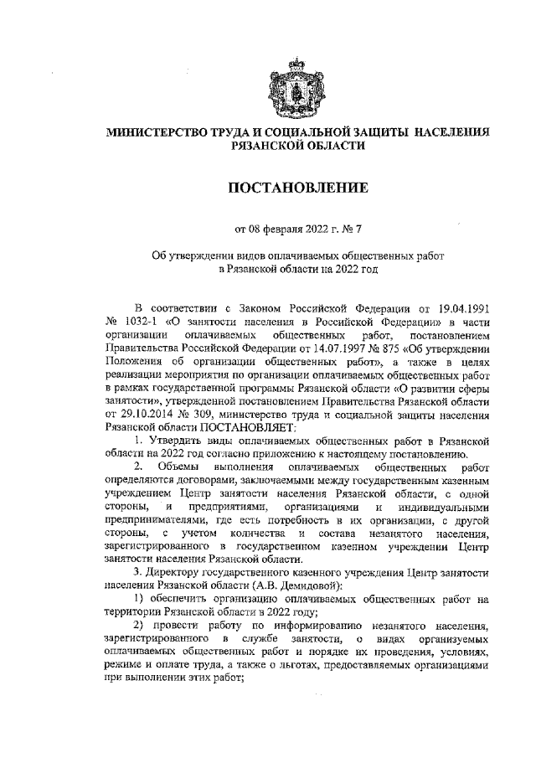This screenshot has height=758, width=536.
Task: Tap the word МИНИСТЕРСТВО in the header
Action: coord(158,132)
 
